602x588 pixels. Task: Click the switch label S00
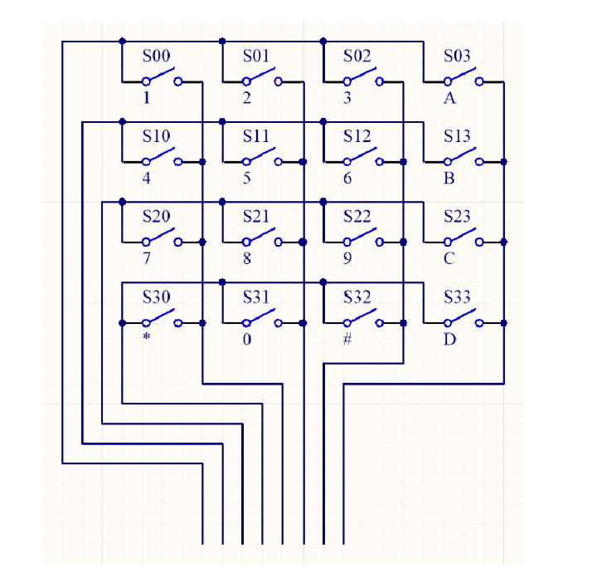click(156, 56)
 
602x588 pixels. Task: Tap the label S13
click(457, 136)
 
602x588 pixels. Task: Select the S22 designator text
click(357, 216)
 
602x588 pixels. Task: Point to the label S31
click(256, 296)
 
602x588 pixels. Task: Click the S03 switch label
click(457, 56)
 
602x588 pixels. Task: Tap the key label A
click(450, 99)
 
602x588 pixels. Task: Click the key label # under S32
click(347, 339)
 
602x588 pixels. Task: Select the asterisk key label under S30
click(146, 336)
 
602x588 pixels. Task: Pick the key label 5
click(247, 178)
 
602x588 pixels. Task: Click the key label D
click(449, 340)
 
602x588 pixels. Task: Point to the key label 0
click(247, 339)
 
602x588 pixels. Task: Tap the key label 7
click(146, 258)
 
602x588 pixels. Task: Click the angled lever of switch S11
click(260, 154)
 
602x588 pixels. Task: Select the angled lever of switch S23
click(462, 234)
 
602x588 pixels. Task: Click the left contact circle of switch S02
click(347, 81)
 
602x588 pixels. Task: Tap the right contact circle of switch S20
click(177, 243)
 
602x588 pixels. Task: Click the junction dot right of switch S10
click(202, 162)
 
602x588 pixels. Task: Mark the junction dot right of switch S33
click(503, 323)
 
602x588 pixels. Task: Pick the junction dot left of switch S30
click(122, 323)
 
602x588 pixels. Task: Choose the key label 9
click(347, 258)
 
